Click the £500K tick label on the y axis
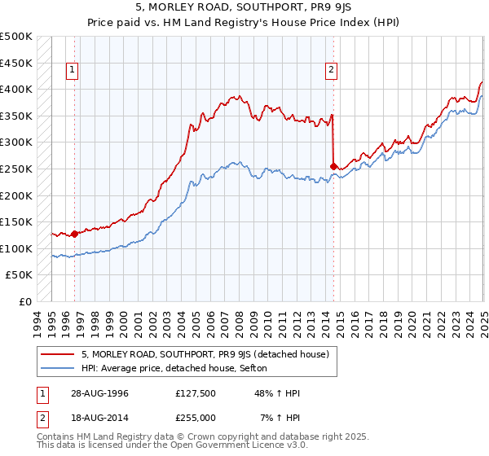tap(16, 37)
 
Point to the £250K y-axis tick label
tap(16, 169)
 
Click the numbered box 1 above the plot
tap(73, 71)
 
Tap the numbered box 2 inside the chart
tap(332, 71)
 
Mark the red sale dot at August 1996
tap(74, 234)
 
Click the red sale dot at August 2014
tap(333, 166)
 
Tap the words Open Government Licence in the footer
tap(245, 447)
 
